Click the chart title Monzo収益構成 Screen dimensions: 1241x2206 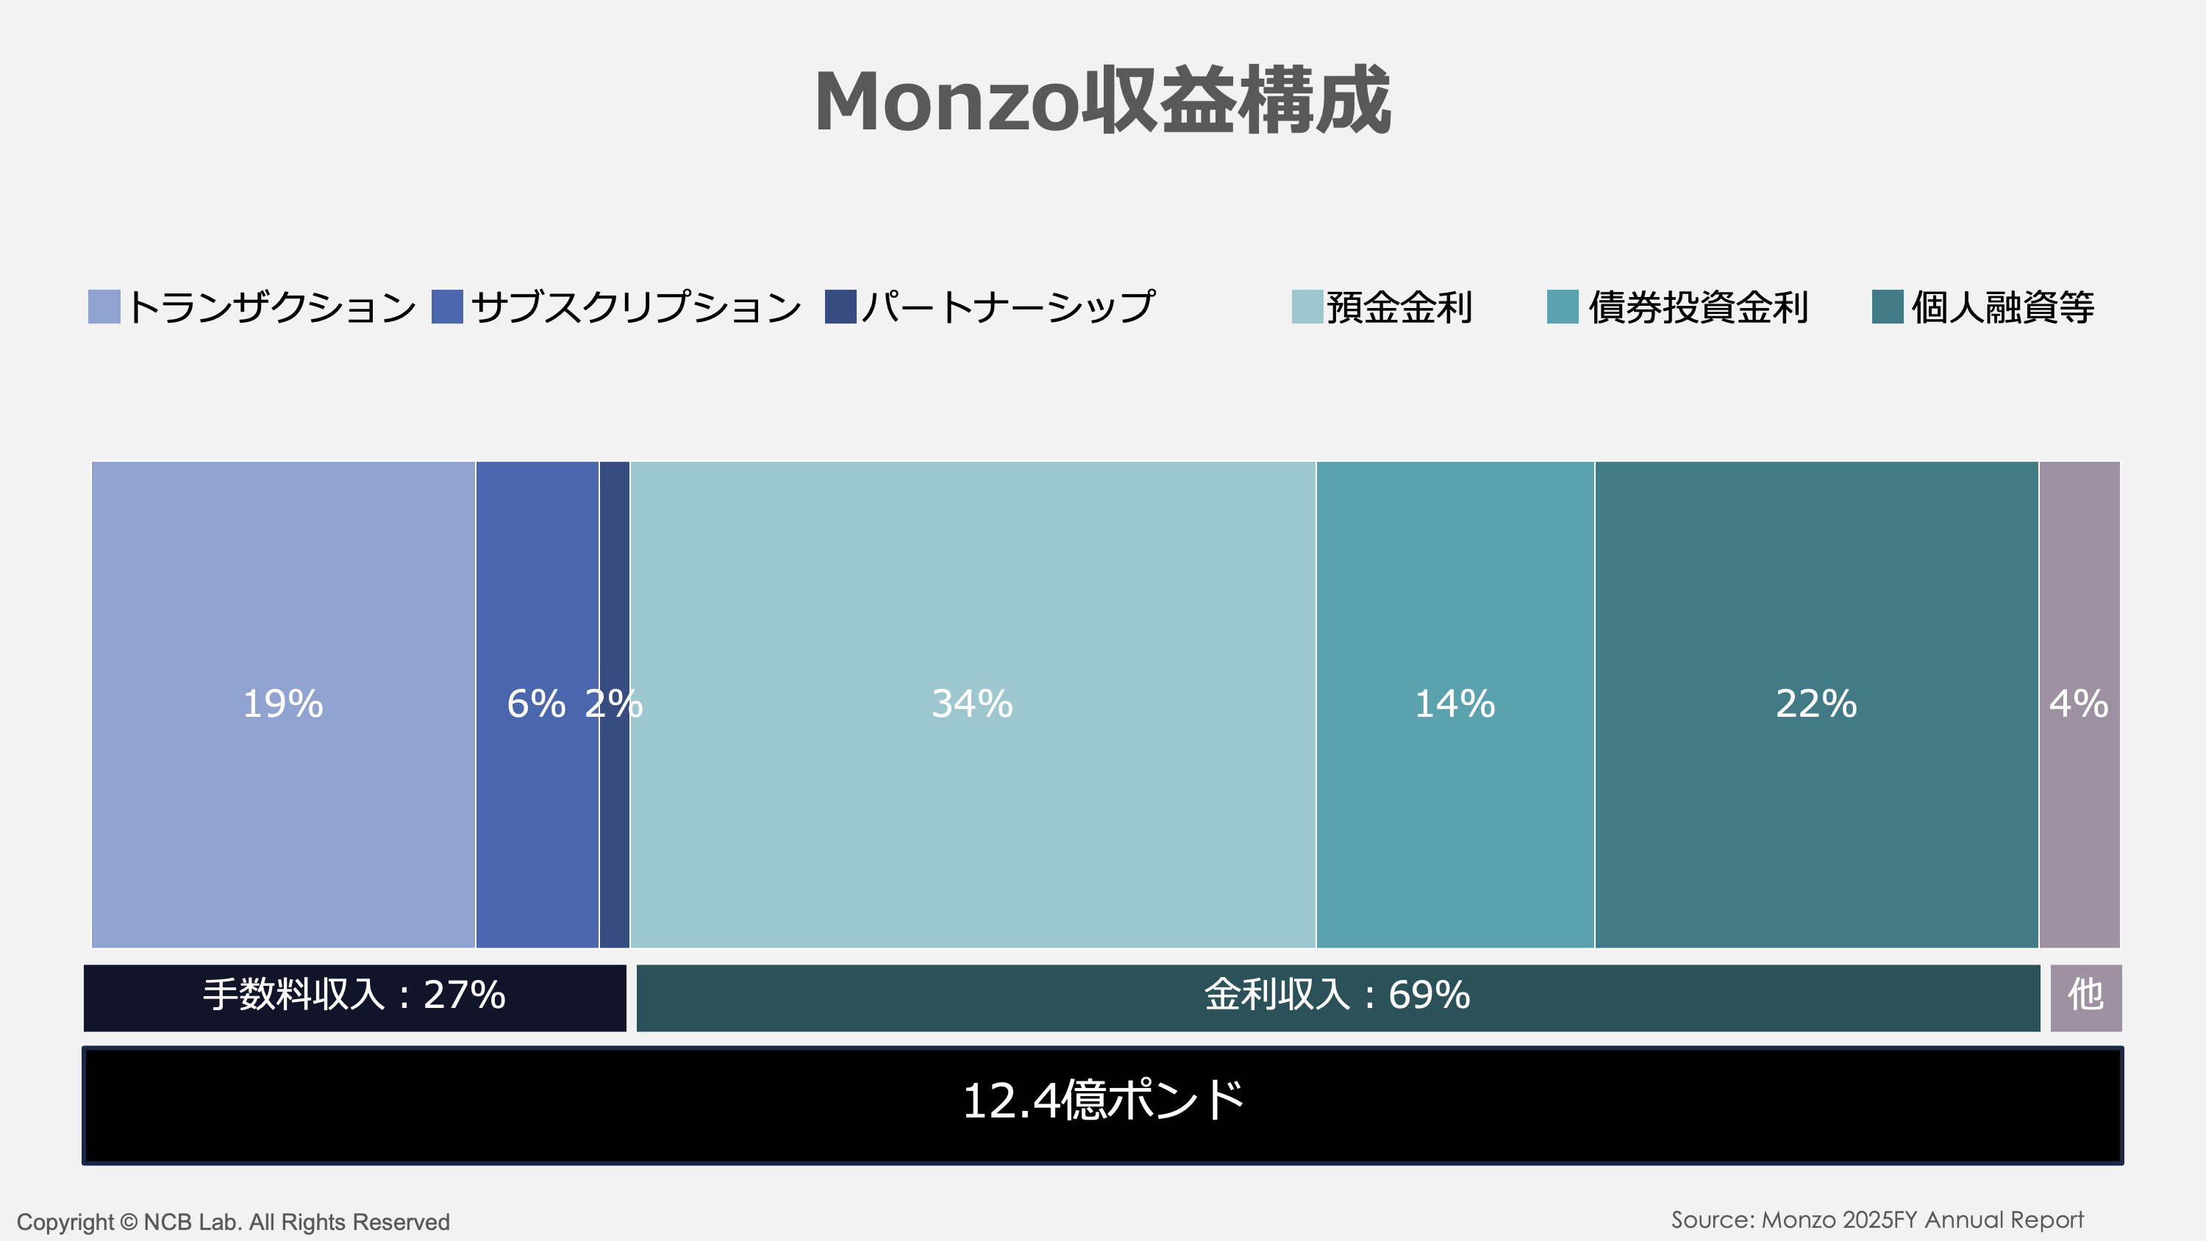(1102, 101)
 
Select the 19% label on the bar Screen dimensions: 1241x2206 (282, 704)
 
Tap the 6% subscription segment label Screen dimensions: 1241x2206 (536, 704)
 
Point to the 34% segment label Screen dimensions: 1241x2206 (972, 704)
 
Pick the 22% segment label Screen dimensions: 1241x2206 (1816, 704)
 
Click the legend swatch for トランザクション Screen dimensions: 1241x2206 (104, 307)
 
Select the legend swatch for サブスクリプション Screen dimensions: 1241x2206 (447, 307)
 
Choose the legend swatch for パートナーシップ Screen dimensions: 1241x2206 (840, 307)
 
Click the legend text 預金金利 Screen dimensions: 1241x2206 (1399, 307)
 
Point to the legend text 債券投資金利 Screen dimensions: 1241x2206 (1698, 307)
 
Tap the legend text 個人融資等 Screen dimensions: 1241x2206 (2002, 307)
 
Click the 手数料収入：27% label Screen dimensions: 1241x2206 (354, 995)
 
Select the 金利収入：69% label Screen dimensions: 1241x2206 (1337, 995)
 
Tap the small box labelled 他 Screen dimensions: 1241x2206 (2085, 996)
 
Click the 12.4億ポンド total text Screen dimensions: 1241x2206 (1102, 1101)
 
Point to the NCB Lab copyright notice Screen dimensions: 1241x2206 (233, 1222)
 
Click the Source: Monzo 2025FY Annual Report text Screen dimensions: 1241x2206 (1877, 1220)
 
